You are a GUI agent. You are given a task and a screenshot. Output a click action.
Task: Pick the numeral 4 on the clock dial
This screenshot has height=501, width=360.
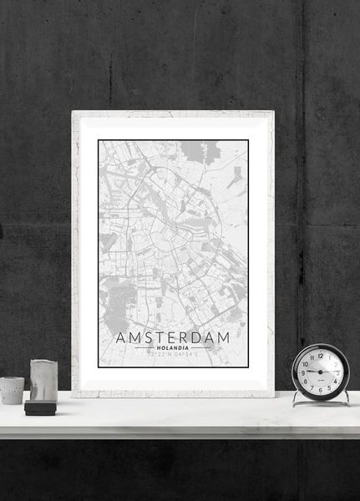pos(336,380)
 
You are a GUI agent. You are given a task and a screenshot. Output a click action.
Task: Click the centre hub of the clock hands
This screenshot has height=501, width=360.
pos(321,371)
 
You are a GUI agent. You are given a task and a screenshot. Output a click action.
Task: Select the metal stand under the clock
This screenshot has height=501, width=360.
pos(321,402)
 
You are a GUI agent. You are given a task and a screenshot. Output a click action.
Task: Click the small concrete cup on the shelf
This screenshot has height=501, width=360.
pos(12,389)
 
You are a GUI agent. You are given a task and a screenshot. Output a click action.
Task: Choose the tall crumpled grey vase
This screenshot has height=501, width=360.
pos(43,380)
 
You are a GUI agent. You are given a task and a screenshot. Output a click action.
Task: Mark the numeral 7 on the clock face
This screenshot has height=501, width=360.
pos(312,387)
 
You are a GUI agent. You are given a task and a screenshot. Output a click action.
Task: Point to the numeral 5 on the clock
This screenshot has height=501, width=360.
pos(329,387)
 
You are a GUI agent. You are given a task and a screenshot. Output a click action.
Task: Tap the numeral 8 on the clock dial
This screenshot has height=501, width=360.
pos(306,380)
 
